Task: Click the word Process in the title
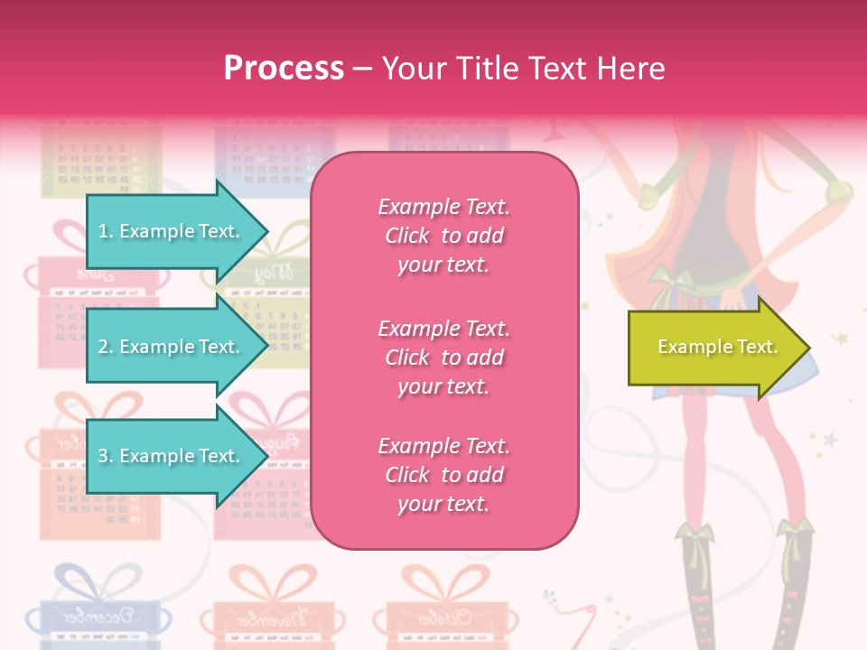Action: pyautogui.click(x=284, y=69)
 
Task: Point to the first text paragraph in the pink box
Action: pyautogui.click(x=444, y=236)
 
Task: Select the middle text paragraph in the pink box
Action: pyautogui.click(x=444, y=357)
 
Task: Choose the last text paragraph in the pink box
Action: pyautogui.click(x=444, y=475)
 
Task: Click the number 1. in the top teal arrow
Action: pyautogui.click(x=106, y=231)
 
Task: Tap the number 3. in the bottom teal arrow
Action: pyautogui.click(x=106, y=456)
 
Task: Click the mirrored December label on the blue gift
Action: pyautogui.click(x=94, y=618)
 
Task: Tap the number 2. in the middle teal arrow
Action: pyautogui.click(x=106, y=347)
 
